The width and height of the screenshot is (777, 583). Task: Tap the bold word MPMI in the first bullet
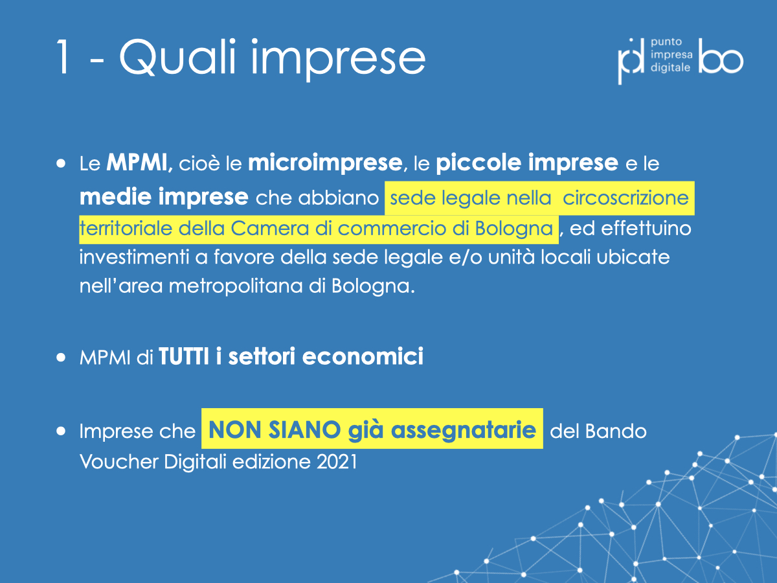[x=137, y=163]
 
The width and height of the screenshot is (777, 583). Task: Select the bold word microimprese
[x=325, y=163]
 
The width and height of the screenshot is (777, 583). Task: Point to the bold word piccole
[x=479, y=163]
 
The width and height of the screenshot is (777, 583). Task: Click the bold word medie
[x=115, y=196]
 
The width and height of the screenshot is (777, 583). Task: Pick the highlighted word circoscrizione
[x=625, y=198]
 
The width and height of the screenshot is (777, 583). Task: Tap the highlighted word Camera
[x=270, y=228]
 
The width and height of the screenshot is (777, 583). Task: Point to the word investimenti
[x=134, y=257]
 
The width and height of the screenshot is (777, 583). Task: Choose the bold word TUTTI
[x=184, y=356]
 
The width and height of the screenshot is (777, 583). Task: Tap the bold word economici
[x=363, y=356]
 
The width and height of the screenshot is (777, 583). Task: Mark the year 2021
[x=337, y=462]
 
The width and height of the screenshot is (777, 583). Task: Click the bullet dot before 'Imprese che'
[x=61, y=431]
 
